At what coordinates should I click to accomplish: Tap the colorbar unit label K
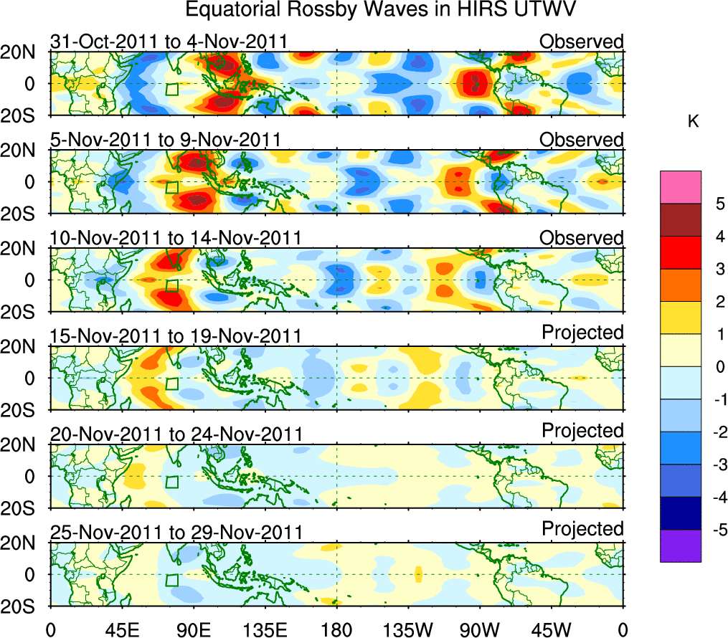click(693, 123)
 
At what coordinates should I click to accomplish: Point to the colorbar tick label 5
click(719, 204)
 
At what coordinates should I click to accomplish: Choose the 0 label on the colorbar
click(719, 367)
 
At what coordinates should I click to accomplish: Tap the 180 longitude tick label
click(336, 630)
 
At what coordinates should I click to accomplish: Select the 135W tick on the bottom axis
click(409, 630)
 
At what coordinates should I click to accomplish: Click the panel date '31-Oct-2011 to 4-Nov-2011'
click(169, 42)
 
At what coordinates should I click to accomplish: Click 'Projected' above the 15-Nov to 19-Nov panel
click(582, 333)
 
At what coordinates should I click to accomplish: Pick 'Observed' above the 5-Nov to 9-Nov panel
click(582, 140)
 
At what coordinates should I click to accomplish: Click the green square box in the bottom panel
click(171, 580)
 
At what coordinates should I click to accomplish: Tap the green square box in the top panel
click(171, 90)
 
